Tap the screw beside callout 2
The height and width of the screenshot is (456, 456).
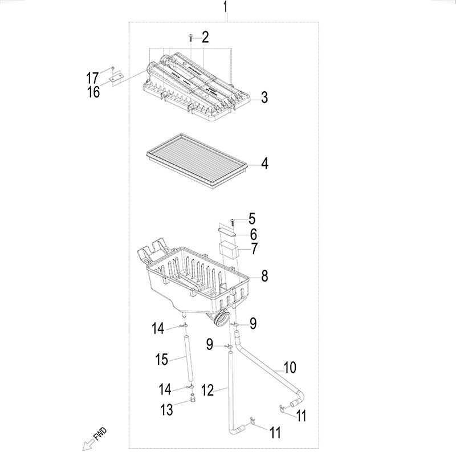pyautogui.click(x=190, y=38)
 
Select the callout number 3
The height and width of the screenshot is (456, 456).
pyautogui.click(x=264, y=97)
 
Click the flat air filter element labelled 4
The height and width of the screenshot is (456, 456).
pyautogui.click(x=197, y=161)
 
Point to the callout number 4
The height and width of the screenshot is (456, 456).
pyautogui.click(x=264, y=164)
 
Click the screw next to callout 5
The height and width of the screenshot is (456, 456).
pyautogui.click(x=233, y=222)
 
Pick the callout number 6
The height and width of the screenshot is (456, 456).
pyautogui.click(x=254, y=234)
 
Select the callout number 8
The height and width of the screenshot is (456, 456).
pyautogui.click(x=264, y=276)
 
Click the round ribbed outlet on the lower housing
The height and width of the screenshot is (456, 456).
pyautogui.click(x=220, y=319)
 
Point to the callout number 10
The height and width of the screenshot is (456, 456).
pyautogui.click(x=290, y=368)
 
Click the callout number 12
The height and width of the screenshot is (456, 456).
pyautogui.click(x=207, y=390)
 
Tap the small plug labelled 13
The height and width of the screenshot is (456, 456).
pyautogui.click(x=192, y=397)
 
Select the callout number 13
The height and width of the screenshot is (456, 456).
pyautogui.click(x=167, y=410)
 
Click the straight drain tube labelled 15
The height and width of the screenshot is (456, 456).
pyautogui.click(x=188, y=359)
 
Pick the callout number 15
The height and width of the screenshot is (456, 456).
pyautogui.click(x=162, y=360)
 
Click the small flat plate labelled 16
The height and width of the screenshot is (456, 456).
pyautogui.click(x=116, y=77)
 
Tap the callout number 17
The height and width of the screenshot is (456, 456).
pyautogui.click(x=92, y=79)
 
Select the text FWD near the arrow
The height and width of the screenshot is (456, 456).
pyautogui.click(x=100, y=434)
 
